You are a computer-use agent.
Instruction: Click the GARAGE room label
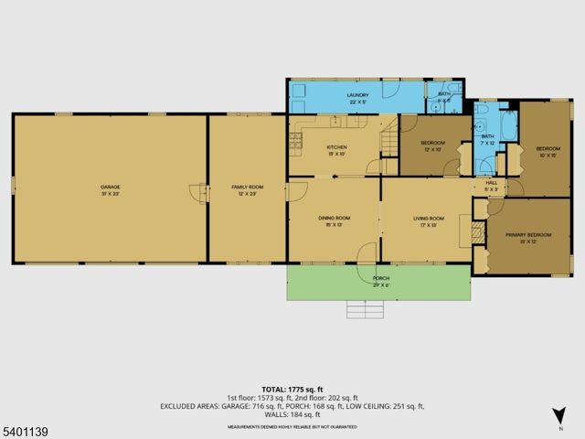111,190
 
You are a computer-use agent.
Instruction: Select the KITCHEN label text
337,150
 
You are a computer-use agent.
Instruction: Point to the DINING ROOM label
331,220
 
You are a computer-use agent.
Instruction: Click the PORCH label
381,281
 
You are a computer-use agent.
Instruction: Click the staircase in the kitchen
389,143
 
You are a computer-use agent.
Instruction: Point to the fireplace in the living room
475,231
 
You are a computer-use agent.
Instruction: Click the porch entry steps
365,310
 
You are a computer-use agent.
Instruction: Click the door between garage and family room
197,192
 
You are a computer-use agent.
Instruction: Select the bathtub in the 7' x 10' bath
508,127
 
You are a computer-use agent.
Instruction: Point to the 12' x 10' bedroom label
432,145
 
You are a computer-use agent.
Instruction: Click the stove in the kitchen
295,140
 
